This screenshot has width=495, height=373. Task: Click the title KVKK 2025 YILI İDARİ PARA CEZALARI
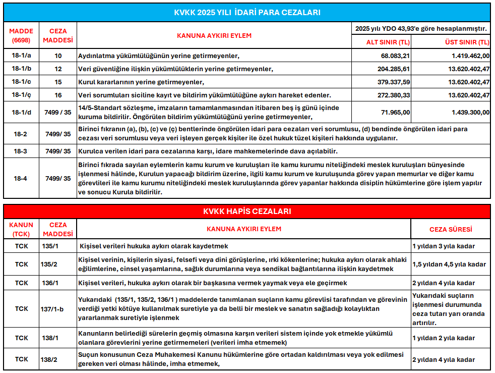coord(247,12)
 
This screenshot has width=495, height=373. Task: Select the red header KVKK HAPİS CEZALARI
coord(247,211)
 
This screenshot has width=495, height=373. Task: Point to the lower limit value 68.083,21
coord(396,56)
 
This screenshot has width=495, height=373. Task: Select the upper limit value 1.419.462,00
coord(464,56)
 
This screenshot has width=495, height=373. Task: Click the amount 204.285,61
coord(394,69)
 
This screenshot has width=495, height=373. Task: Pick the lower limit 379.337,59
coord(394,82)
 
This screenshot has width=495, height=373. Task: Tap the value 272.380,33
coord(394,95)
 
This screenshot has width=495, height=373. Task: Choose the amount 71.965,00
coord(396,113)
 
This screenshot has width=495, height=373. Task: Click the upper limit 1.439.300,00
coord(464,113)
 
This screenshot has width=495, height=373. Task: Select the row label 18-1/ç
coord(21,95)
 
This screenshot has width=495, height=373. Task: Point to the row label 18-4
coord(21,178)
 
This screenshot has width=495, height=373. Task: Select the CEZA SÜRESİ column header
coord(451,229)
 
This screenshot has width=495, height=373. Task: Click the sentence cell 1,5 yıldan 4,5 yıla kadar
coord(449,264)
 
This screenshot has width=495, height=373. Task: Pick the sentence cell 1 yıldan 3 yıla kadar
coord(444,246)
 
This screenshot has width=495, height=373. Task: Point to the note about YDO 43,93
coord(421,29)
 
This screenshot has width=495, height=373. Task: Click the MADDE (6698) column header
coord(21,35)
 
